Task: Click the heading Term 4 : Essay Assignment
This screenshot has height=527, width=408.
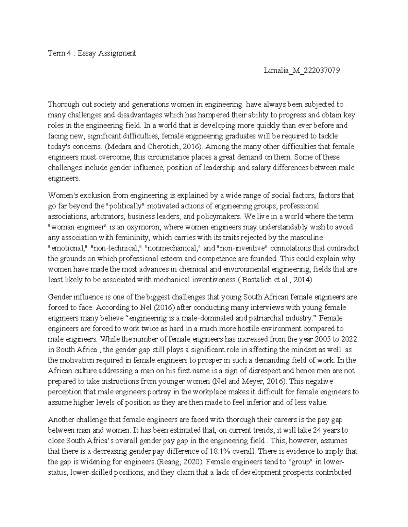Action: click(x=92, y=53)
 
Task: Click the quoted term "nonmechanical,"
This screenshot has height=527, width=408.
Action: click(x=174, y=248)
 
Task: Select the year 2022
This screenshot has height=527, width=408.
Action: click(x=348, y=339)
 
